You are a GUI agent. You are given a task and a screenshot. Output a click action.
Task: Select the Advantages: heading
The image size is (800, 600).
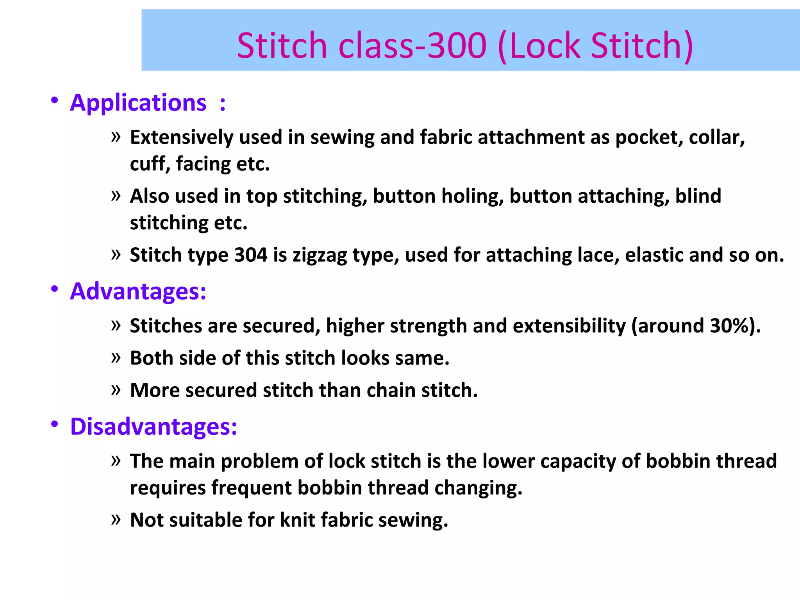tap(138, 291)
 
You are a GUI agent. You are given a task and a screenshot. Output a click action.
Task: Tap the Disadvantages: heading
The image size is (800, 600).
tap(154, 427)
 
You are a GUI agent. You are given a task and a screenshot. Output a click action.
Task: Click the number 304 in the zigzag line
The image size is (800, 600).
tap(251, 255)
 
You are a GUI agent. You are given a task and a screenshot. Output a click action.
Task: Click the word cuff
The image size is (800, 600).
tap(150, 164)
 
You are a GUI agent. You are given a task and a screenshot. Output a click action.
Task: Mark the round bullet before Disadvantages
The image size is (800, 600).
tap(55, 424)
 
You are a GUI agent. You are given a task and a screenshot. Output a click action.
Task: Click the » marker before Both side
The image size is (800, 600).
tap(116, 357)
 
